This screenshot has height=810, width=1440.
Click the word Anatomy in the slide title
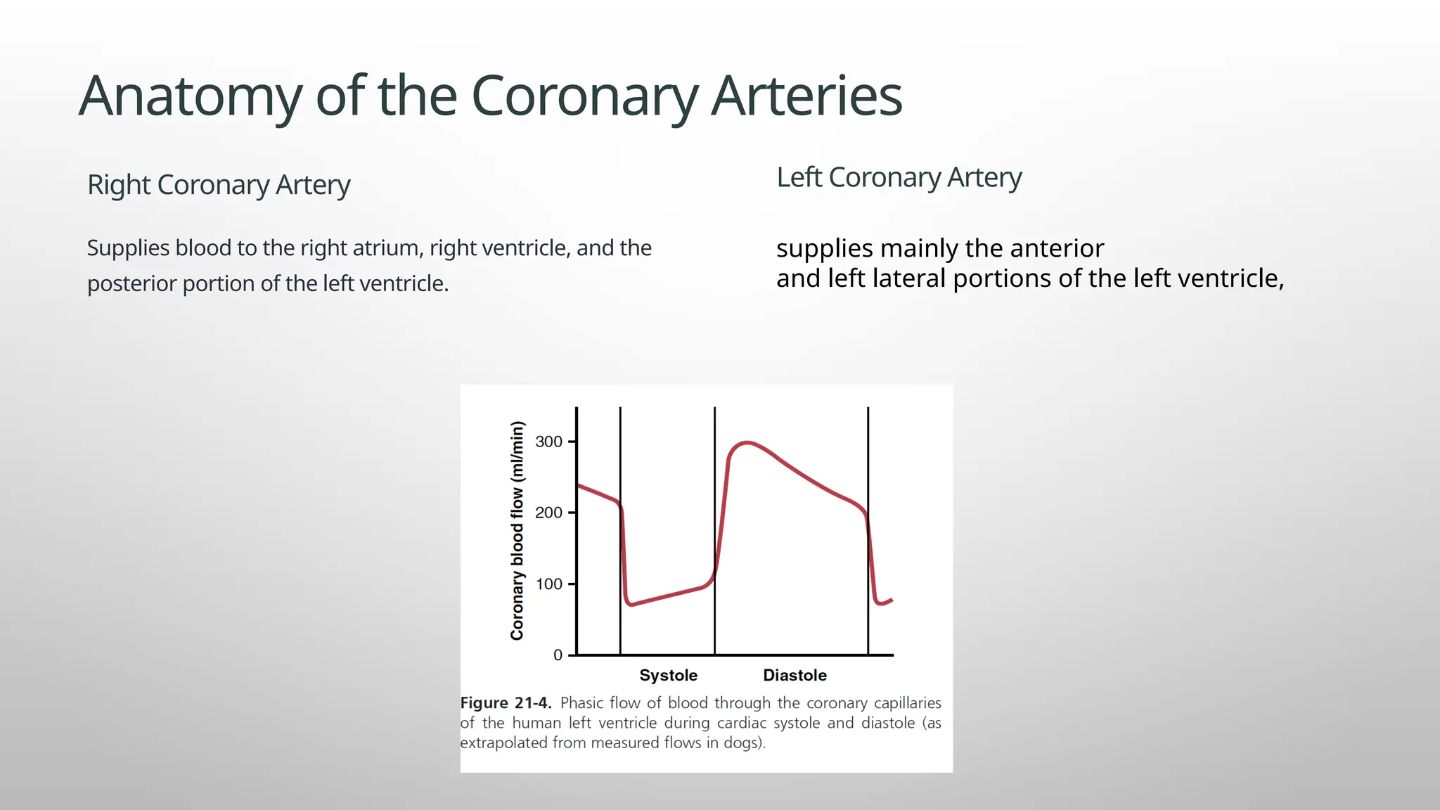190,96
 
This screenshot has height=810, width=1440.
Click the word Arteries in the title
806,96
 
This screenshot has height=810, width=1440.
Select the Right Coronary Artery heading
219,185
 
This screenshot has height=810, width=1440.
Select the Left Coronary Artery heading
899,177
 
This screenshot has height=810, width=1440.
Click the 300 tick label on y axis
548,442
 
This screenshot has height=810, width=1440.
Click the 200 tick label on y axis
548,513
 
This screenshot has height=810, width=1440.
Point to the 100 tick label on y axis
548,584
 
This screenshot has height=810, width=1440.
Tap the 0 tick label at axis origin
558,655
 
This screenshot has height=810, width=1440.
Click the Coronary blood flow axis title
517,530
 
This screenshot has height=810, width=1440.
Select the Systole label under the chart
668,675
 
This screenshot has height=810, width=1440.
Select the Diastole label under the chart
795,675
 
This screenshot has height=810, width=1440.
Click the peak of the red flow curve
747,443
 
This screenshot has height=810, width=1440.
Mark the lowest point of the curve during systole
631,604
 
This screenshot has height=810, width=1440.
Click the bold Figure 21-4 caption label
506,702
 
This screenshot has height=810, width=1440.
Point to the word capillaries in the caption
907,702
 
